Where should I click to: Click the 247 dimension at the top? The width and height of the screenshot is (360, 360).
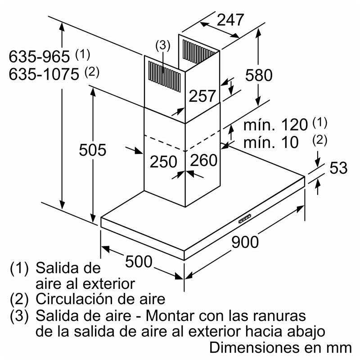coord(230,19)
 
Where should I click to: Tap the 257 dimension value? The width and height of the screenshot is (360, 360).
coord(202,96)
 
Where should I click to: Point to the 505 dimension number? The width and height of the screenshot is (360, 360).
coord(92,149)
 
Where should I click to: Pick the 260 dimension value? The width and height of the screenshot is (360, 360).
coord(203,160)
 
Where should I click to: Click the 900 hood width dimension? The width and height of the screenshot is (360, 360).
coord(245,242)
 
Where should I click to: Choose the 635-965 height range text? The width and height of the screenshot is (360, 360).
coord(40,57)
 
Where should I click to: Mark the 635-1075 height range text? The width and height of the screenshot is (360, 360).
coord(44,74)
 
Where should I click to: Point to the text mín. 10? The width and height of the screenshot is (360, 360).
coord(271,143)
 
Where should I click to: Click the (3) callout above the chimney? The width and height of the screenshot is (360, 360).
coord(163,45)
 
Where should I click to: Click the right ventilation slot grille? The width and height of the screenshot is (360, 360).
coord(198,47)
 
